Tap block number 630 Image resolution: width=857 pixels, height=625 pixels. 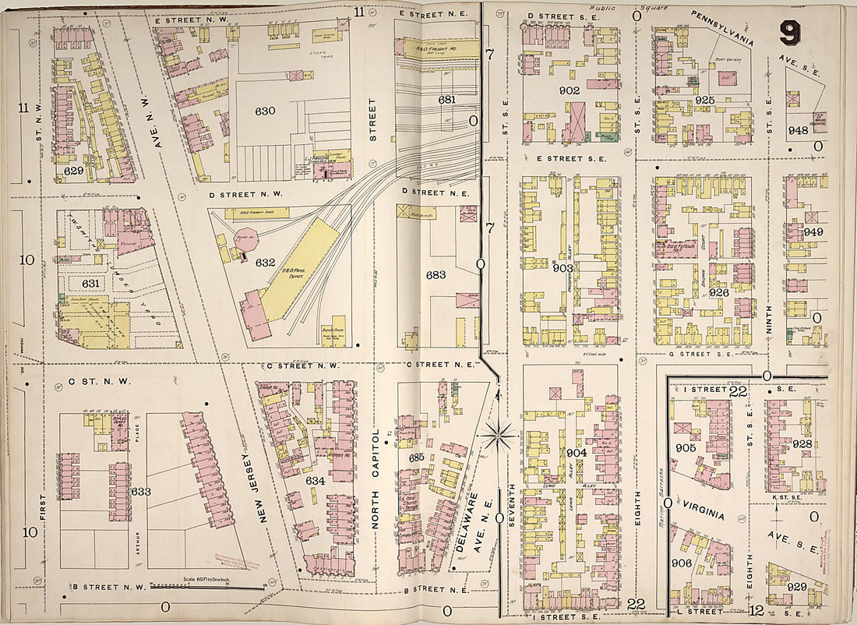click(266, 111)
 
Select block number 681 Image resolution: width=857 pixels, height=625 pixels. click(446, 100)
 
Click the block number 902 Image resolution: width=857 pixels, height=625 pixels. click(570, 90)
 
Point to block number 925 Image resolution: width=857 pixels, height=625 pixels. click(705, 101)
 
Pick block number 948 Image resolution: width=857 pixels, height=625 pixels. click(798, 130)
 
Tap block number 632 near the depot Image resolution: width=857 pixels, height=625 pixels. click(266, 263)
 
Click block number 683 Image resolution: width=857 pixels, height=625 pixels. click(436, 275)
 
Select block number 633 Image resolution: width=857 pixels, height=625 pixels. click(141, 492)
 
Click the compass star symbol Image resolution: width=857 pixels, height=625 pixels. click(496, 435)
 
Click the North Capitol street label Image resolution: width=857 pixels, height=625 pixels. click(376, 479)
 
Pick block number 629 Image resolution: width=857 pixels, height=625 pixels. click(73, 168)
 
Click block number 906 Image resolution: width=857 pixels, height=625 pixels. click(682, 563)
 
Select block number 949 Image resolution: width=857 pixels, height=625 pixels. click(813, 232)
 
